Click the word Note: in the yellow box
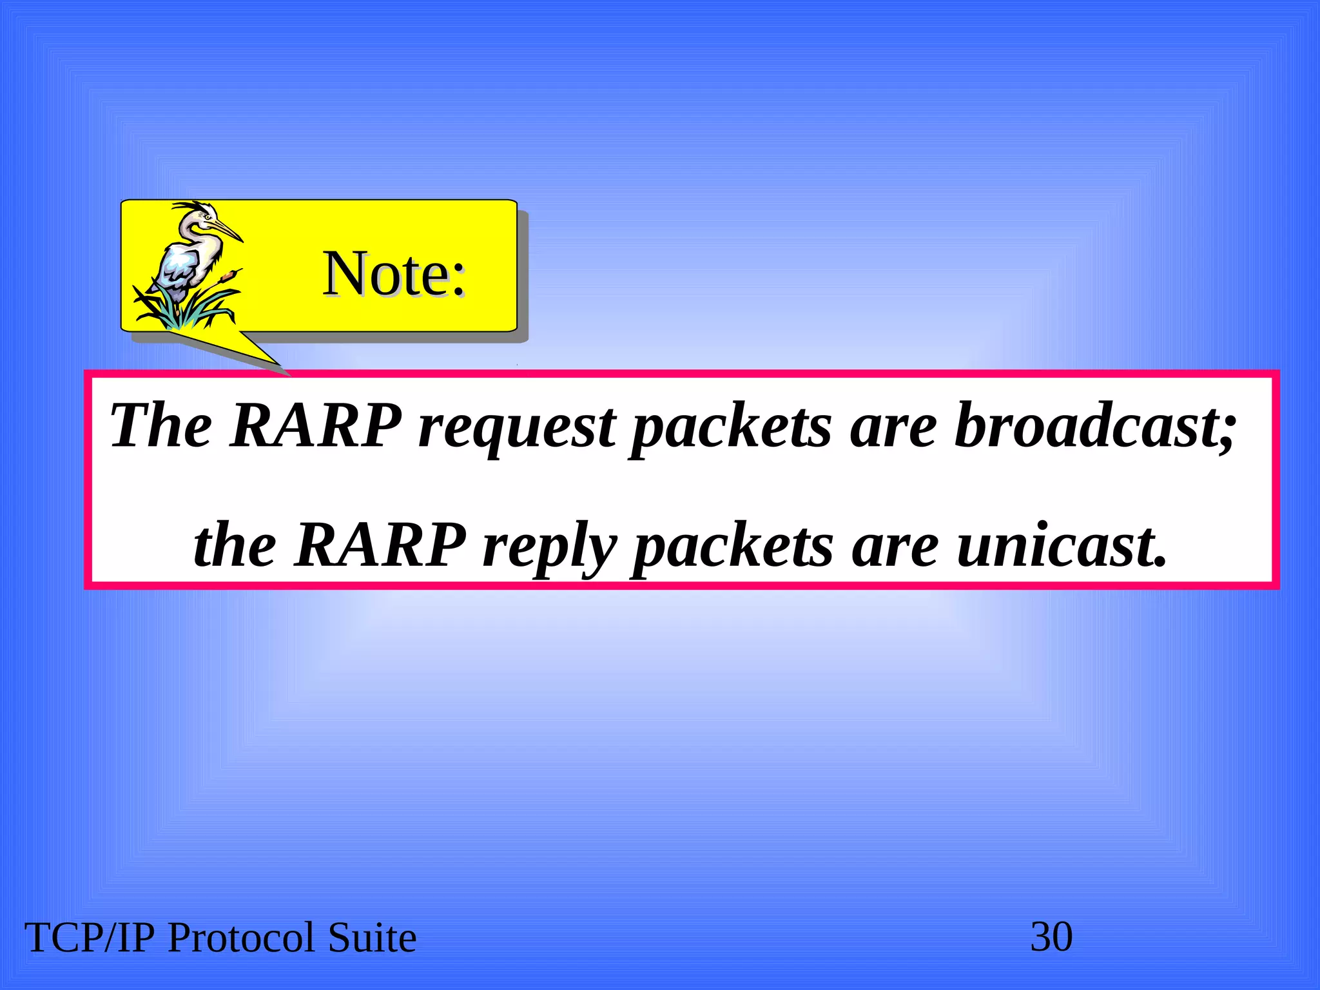394,274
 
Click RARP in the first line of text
316,425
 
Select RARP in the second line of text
380,545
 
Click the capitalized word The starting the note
160,425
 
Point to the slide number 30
1051,937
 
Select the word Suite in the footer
372,938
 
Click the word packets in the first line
731,427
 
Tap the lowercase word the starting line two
235,545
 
